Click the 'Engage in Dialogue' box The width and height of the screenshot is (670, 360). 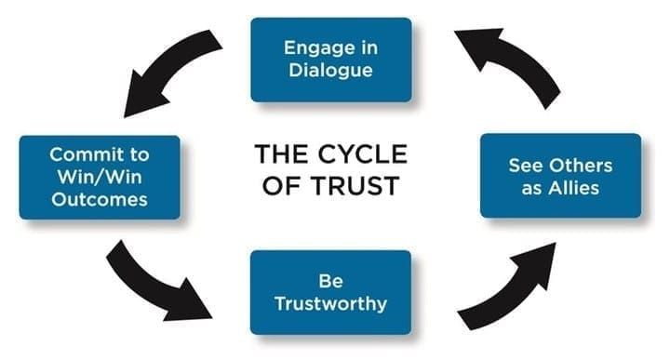pyautogui.click(x=331, y=60)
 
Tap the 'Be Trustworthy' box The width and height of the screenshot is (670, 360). pyautogui.click(x=331, y=291)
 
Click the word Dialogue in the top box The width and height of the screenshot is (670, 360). pyautogui.click(x=331, y=71)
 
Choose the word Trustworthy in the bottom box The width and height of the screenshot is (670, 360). pyautogui.click(x=331, y=303)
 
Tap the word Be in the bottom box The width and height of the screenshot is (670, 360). pyautogui.click(x=331, y=280)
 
